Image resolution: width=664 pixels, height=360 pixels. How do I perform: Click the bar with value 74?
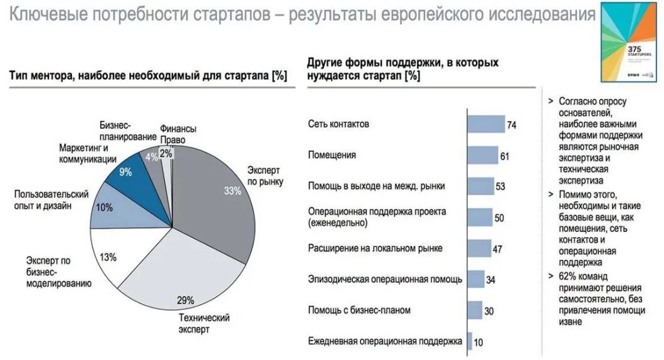[487, 124]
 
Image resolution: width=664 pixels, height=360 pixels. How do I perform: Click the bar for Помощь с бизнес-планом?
[475, 310]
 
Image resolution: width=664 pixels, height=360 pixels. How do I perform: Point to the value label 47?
[497, 249]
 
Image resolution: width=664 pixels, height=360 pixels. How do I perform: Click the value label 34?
[491, 280]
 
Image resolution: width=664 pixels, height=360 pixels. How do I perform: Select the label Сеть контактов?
[339, 124]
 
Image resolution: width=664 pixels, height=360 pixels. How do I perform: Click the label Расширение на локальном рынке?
[375, 248]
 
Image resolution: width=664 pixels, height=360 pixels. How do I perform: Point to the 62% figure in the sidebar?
[566, 276]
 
